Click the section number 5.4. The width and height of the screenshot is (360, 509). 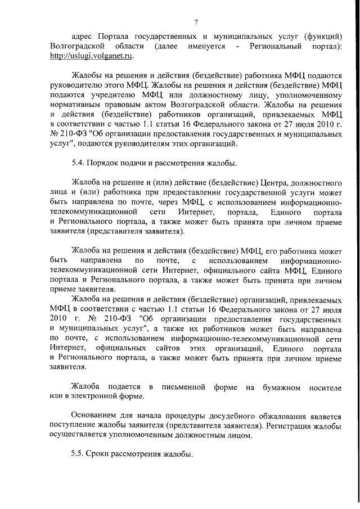click(x=78, y=164)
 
